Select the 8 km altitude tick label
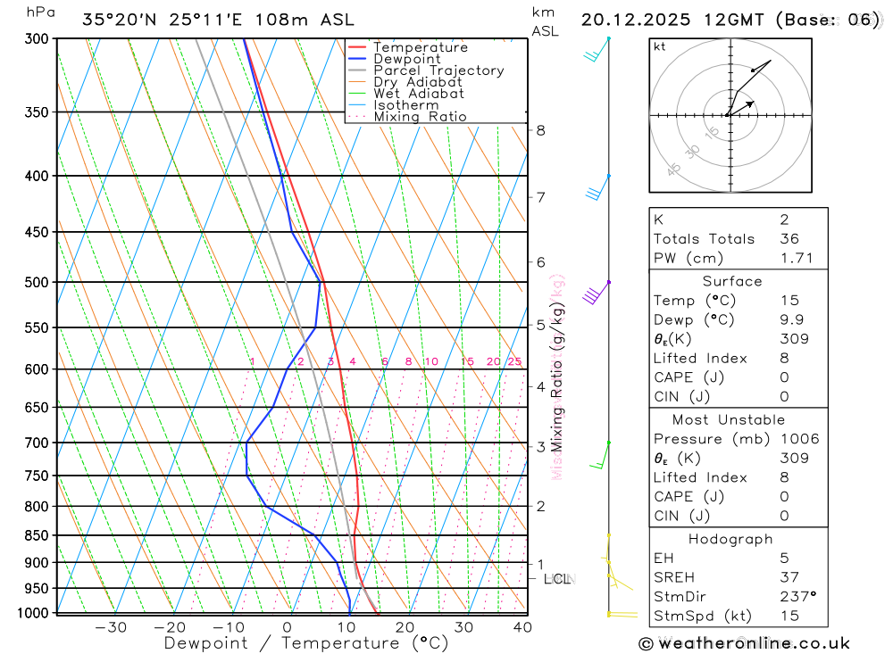540,130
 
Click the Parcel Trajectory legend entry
438,70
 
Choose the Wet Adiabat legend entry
419,94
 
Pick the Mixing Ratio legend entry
420,117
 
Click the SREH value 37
789,577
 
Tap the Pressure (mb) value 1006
798,439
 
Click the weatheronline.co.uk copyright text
744,643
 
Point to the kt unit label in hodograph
660,46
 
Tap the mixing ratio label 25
514,361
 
